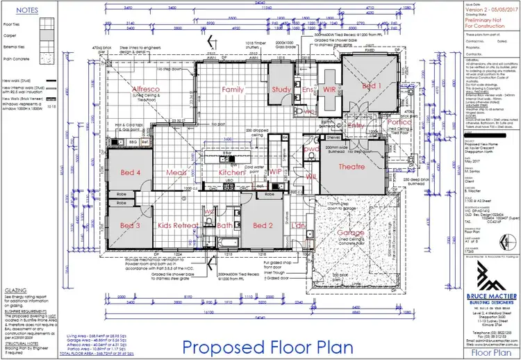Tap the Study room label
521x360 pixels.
281,90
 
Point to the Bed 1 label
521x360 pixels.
372,85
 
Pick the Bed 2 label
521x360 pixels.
263,226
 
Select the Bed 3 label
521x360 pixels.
130,226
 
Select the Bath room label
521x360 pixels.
224,226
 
